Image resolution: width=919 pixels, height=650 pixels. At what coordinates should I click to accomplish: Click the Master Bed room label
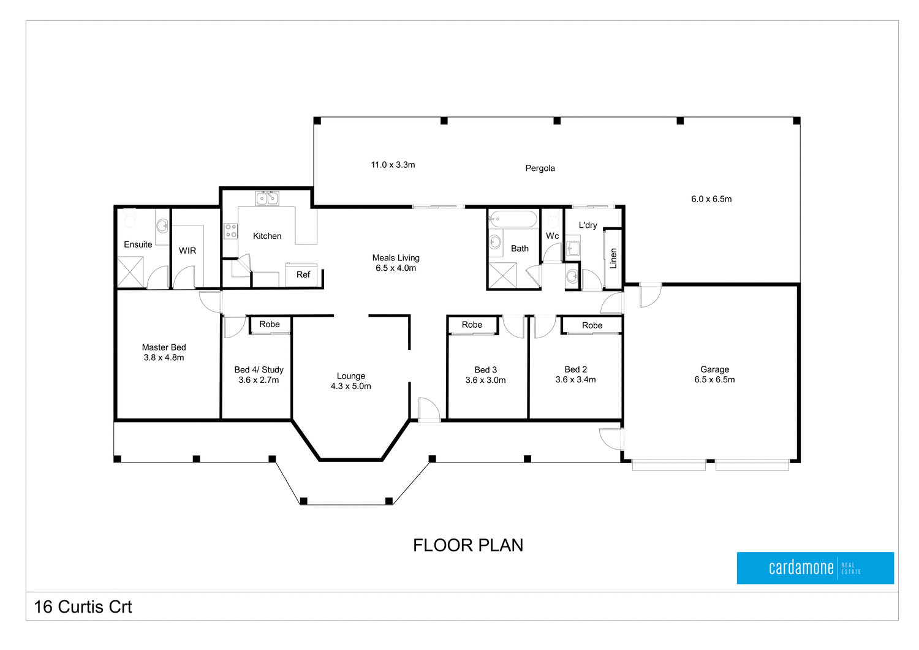pos(164,347)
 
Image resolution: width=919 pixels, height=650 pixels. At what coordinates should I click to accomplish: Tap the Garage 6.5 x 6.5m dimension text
pos(714,380)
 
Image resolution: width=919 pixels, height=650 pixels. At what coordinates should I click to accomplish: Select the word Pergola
pos(540,168)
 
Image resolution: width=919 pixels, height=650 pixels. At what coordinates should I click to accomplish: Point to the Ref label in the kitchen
pos(303,274)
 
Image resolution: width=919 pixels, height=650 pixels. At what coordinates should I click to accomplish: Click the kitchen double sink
pos(267,198)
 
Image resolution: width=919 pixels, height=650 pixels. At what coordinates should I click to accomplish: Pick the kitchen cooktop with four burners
pos(230,231)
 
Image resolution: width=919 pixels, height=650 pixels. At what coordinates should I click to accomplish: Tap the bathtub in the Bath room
pos(513,219)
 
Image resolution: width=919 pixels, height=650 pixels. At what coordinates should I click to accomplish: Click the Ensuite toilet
pos(130,218)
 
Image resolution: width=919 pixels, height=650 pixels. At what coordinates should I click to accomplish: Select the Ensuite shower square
pos(130,272)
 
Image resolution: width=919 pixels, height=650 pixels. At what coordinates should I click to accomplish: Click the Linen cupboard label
pos(613,259)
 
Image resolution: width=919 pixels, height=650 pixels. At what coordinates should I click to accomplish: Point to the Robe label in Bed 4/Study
pos(270,324)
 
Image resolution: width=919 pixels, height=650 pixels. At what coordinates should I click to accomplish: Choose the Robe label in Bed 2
pos(592,325)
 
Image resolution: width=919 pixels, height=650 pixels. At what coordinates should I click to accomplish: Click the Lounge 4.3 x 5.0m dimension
pos(351,386)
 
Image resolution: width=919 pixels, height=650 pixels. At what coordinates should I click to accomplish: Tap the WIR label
pos(187,251)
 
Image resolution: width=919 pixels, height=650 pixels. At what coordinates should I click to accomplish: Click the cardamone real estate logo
pos(815,568)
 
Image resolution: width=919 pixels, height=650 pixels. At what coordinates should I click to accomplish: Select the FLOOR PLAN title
pos(468,545)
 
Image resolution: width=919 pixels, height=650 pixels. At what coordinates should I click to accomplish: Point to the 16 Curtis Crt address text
pos(83,607)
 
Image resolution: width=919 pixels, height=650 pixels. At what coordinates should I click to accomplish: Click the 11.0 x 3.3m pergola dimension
pos(393,165)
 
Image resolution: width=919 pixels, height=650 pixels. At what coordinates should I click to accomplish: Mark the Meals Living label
pos(396,258)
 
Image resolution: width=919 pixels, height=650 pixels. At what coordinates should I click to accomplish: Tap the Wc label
pos(552,236)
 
